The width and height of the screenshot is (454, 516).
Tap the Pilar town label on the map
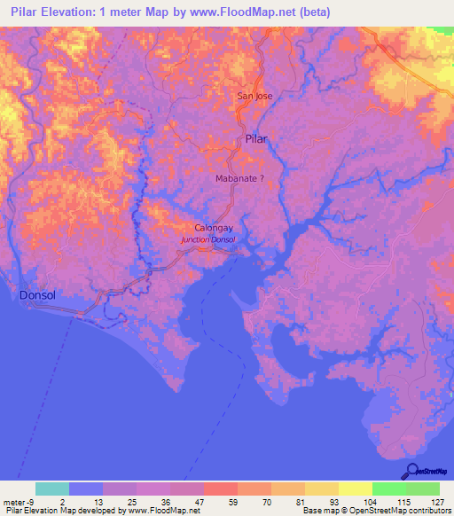(255, 139)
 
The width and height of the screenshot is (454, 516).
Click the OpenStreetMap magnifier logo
(412, 470)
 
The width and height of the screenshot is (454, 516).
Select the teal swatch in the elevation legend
(52, 489)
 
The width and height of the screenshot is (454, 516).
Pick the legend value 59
(221, 501)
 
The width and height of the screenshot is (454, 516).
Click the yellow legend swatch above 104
(355, 489)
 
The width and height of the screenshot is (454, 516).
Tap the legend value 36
(153, 501)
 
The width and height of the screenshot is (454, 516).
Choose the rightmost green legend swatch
(423, 489)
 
